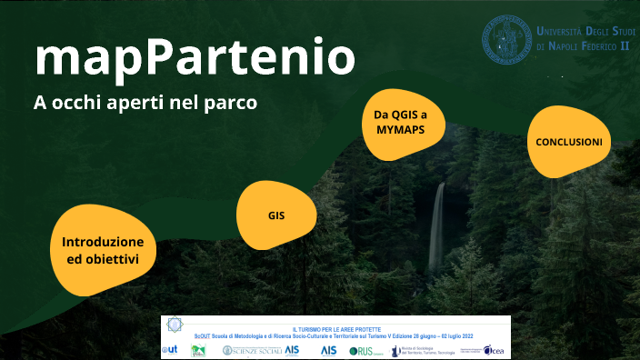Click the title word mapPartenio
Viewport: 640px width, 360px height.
(x=194, y=57)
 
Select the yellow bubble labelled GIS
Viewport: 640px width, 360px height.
(x=277, y=215)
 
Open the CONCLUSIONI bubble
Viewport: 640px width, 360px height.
(x=569, y=143)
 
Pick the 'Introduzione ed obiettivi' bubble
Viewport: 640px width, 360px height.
(x=103, y=251)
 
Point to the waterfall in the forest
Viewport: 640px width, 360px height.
(x=437, y=227)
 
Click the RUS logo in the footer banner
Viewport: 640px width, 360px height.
(x=362, y=351)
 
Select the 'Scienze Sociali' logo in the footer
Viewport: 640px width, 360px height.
(x=253, y=351)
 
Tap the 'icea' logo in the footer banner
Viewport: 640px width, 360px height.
(x=493, y=350)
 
